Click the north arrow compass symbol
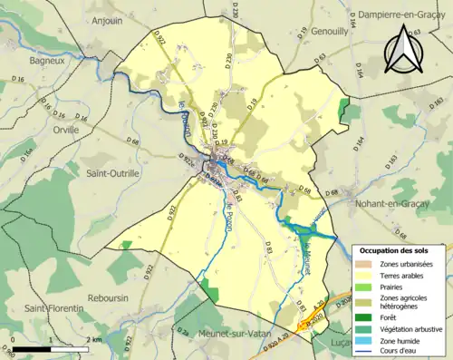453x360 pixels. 404,50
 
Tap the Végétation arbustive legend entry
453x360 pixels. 413,329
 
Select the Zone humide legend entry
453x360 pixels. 401,341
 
